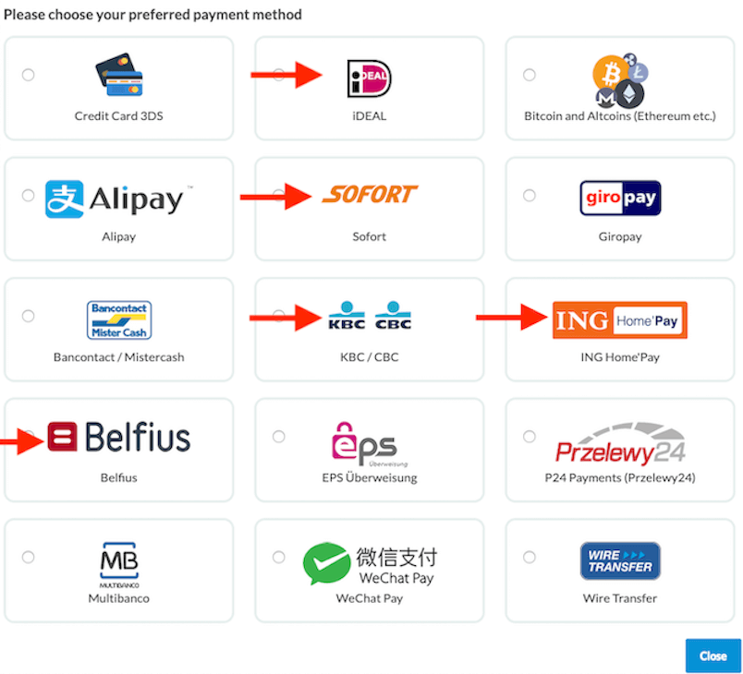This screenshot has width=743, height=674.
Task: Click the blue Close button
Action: (x=713, y=656)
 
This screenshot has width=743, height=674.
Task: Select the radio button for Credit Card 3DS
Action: (x=28, y=75)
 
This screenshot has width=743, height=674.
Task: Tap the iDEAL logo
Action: (x=369, y=78)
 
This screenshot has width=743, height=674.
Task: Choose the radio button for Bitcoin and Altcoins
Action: (x=530, y=75)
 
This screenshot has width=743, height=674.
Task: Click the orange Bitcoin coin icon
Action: (x=611, y=73)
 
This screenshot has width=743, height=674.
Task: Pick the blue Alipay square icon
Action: (x=65, y=199)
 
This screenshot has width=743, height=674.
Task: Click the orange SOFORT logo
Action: (x=370, y=194)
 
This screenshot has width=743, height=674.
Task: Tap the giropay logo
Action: (x=620, y=198)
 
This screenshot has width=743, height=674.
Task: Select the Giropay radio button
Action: (x=530, y=196)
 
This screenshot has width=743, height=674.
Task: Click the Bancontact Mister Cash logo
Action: (x=119, y=320)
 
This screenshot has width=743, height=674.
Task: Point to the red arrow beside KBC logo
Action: (x=286, y=318)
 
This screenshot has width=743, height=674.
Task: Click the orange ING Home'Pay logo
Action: (x=620, y=320)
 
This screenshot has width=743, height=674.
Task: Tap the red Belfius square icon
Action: (x=62, y=437)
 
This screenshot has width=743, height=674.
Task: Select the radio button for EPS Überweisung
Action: (x=279, y=437)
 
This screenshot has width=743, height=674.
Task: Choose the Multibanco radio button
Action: (x=28, y=557)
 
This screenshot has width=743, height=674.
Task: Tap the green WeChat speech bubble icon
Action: (x=327, y=563)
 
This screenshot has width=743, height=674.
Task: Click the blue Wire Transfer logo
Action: (x=620, y=560)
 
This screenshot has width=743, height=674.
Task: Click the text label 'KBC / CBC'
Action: (x=369, y=357)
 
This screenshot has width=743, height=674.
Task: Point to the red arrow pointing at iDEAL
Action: (x=286, y=74)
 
